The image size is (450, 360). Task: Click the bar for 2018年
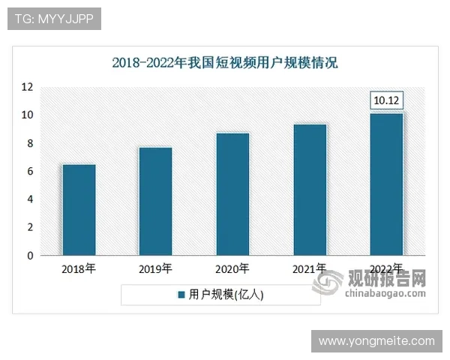tap(78, 209)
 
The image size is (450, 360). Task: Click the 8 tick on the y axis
tap(30, 143)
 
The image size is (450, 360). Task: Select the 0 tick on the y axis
tap(30, 256)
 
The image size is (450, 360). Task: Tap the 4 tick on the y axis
tap(30, 199)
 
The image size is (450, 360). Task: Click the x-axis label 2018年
tap(78, 268)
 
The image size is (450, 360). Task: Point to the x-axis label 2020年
tap(232, 268)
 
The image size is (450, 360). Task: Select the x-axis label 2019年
tap(155, 268)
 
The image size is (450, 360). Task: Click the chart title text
tap(225, 62)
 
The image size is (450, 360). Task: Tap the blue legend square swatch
tap(181, 295)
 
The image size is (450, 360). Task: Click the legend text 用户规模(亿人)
tap(226, 295)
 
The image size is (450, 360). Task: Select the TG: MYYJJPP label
tap(53, 19)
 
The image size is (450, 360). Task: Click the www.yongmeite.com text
tap(376, 341)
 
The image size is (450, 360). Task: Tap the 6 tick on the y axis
tap(30, 172)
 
